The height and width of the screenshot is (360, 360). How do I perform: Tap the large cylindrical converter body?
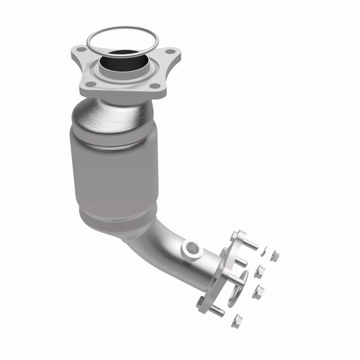click(115, 171)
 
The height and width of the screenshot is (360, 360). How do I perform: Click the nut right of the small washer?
click(274, 256)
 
